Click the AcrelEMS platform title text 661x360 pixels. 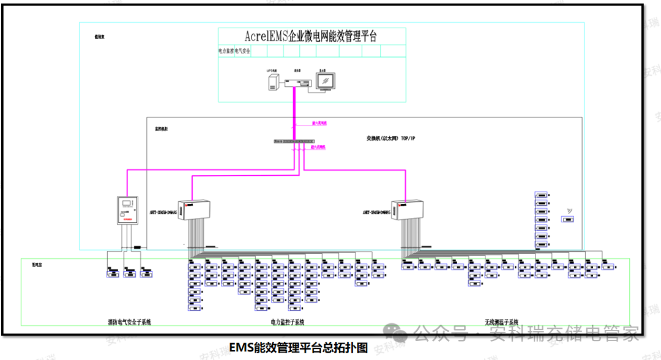[x=312, y=36]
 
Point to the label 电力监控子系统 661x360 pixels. [x=288, y=321]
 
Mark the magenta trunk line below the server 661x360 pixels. [x=294, y=113]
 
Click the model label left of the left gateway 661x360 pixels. [x=163, y=213]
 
